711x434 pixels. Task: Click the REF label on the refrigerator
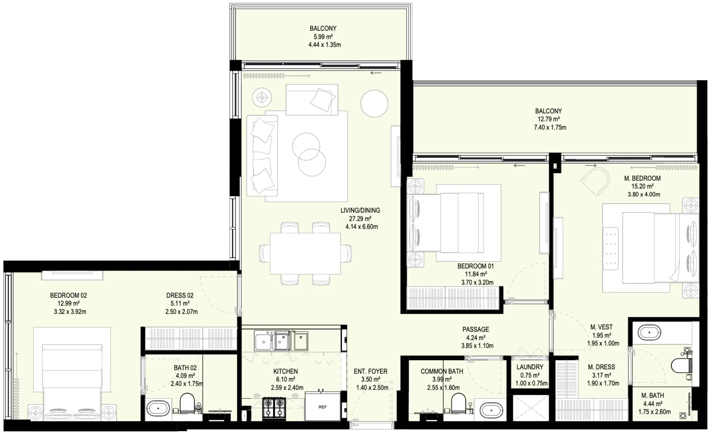coord(322,407)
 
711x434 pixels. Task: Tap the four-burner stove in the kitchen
coord(274,407)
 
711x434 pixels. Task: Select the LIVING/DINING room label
coord(360,210)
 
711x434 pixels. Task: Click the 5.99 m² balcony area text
coord(323,37)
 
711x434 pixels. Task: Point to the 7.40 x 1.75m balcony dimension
coord(550,127)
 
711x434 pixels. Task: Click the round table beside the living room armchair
coord(374,103)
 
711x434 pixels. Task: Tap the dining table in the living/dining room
coord(305,253)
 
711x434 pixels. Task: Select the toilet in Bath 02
coord(187,403)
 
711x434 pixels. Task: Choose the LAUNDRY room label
coord(530,367)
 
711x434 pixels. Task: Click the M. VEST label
coord(601,327)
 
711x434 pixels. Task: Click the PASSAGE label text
coord(476,329)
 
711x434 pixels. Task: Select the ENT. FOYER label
coord(371,371)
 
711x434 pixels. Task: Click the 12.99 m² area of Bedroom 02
coord(68,303)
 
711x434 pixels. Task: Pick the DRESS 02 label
coord(180,295)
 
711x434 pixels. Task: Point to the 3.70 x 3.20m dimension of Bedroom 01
coord(477,282)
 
